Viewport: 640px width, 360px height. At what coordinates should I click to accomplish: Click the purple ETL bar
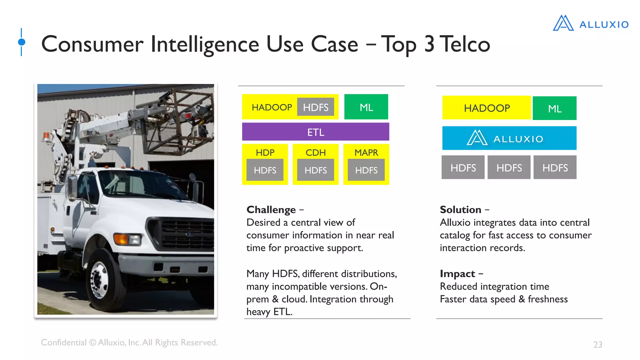(x=315, y=132)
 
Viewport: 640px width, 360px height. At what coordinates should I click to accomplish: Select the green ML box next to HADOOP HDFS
(x=366, y=107)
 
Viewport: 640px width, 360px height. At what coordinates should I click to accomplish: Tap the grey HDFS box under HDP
(x=265, y=170)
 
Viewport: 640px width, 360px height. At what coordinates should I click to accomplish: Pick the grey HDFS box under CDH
(x=315, y=170)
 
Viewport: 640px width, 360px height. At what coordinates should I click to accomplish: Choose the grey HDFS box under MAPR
(x=366, y=170)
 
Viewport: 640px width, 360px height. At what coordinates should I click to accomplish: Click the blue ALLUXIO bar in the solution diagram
(x=509, y=138)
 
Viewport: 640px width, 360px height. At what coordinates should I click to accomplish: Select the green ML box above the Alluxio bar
(x=554, y=108)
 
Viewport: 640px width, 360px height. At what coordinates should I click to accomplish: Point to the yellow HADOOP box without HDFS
(x=486, y=108)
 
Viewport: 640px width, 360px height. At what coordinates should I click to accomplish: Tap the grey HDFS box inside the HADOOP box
(x=315, y=107)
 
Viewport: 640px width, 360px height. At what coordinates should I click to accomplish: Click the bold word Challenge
(x=271, y=210)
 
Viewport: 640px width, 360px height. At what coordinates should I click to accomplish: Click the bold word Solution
(x=460, y=210)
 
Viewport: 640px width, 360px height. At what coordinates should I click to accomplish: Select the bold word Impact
(x=457, y=274)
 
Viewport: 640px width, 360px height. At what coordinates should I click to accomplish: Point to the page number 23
(x=597, y=344)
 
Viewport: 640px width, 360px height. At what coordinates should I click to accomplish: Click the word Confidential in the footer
(x=63, y=342)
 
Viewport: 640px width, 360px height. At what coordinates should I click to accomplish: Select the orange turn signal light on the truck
(x=121, y=239)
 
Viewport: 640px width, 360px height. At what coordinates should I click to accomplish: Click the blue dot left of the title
(x=22, y=42)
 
